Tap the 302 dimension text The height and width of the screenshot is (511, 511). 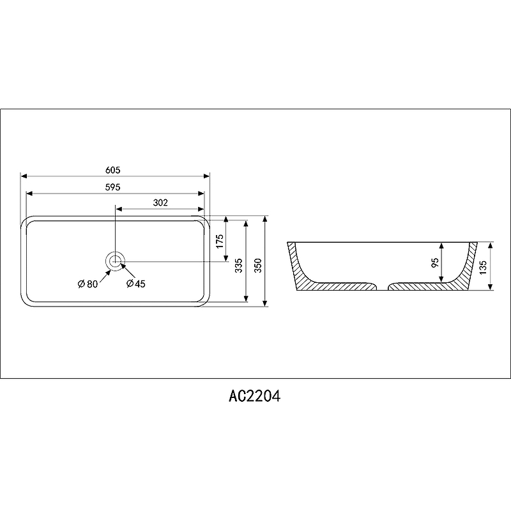point(160,202)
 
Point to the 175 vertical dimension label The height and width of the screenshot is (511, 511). point(220,241)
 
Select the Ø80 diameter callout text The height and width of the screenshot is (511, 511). point(88,284)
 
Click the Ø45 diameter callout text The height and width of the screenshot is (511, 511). point(135,284)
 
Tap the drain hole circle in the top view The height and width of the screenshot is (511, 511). point(115,261)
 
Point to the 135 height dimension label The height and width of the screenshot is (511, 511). point(483,266)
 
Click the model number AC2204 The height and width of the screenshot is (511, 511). point(255,396)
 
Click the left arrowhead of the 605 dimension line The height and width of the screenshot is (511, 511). point(24,176)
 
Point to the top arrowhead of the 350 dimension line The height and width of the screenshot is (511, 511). point(265,218)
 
